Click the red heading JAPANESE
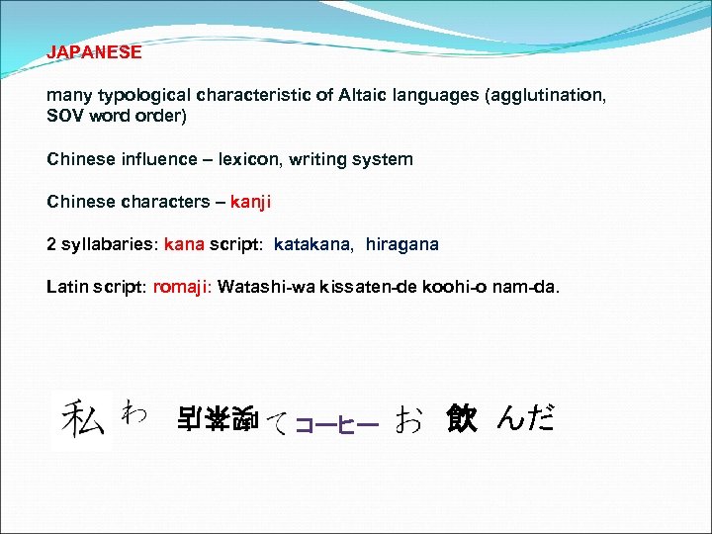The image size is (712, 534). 94,52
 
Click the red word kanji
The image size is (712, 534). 250,202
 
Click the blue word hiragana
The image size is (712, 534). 401,244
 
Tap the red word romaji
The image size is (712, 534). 180,287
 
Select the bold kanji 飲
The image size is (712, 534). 461,419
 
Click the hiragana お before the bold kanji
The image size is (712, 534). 407,420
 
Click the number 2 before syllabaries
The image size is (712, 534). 51,244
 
